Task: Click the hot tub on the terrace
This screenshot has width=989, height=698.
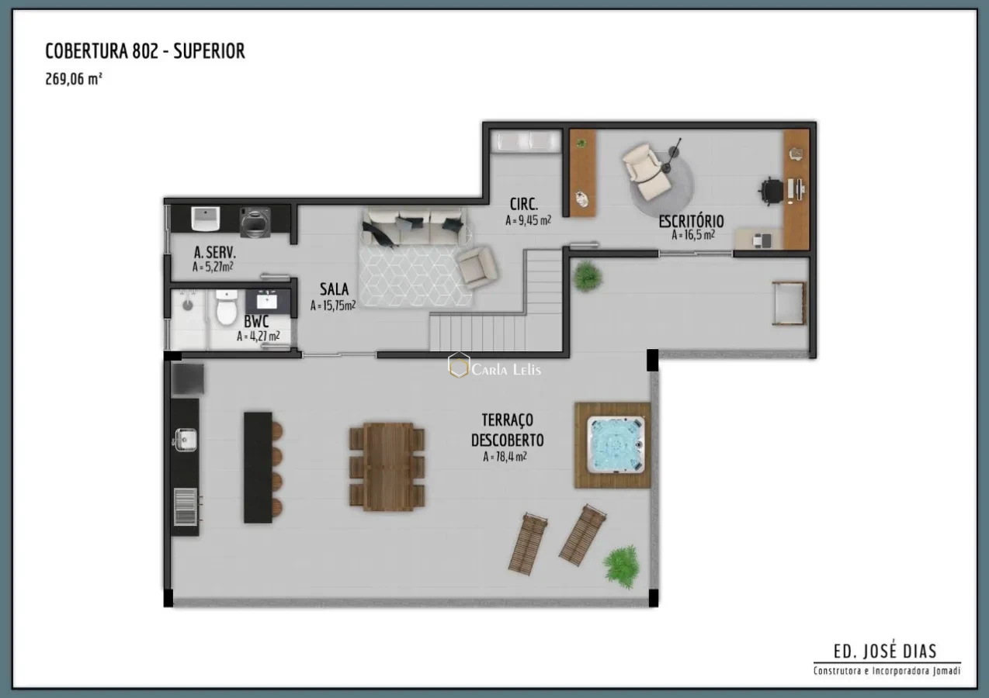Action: [615, 444]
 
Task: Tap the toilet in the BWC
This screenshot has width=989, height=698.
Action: [226, 309]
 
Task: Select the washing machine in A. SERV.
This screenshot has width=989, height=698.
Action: [254, 222]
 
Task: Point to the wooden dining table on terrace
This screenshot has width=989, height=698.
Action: [387, 466]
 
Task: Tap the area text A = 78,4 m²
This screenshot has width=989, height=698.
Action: [505, 457]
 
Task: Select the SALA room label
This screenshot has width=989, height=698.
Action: [334, 290]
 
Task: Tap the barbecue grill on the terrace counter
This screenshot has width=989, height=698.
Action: [185, 507]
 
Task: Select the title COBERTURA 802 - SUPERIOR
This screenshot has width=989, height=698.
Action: [145, 52]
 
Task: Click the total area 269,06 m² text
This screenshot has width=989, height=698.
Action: [74, 78]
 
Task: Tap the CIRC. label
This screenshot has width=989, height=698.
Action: [524, 205]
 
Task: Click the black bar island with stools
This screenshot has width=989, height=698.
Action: [259, 467]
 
